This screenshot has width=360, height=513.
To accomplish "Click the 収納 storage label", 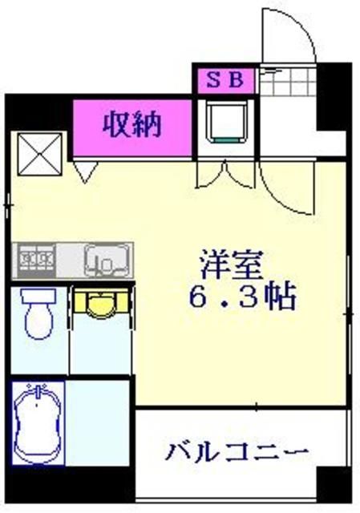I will pyautogui.click(x=132, y=125).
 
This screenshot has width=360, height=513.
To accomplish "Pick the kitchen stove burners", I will pyautogui.click(x=37, y=260).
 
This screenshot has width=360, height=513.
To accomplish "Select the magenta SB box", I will pyautogui.click(x=223, y=79).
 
